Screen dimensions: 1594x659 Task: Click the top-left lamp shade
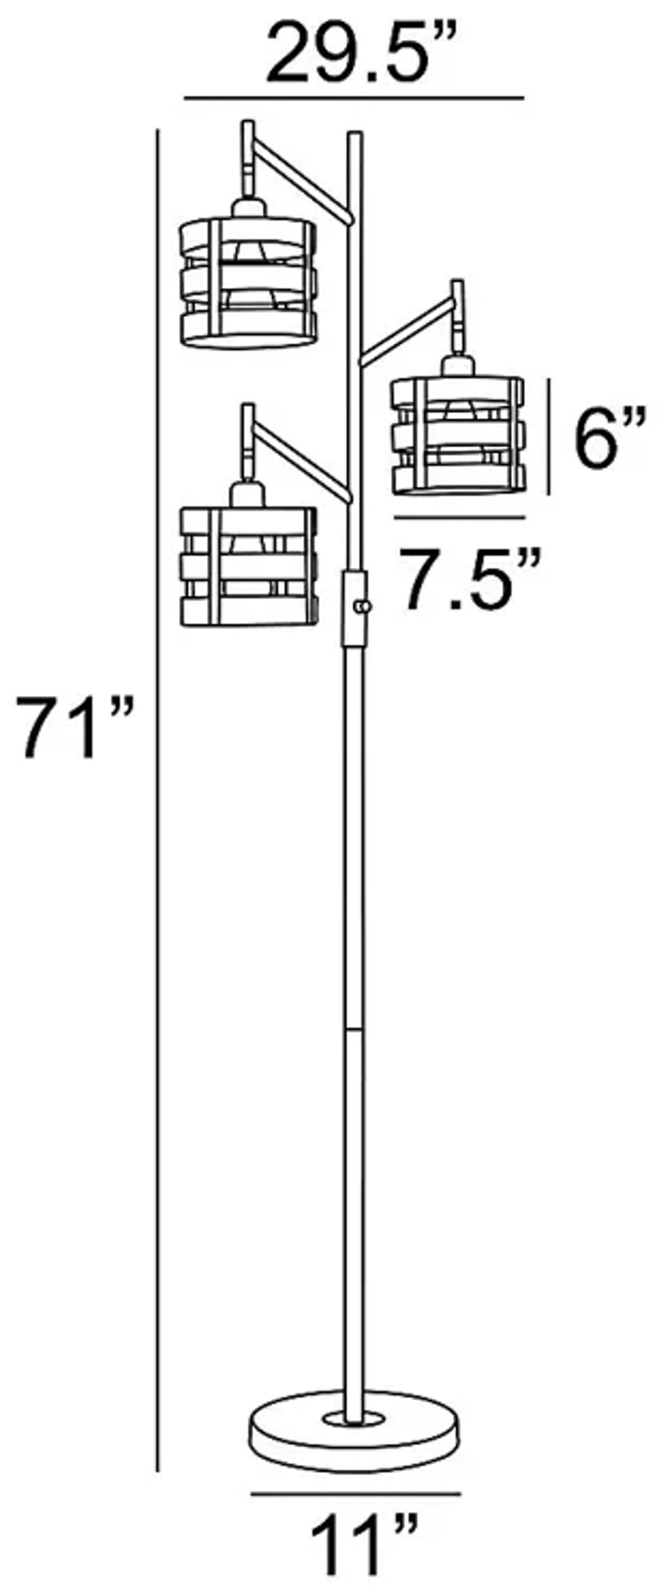248,282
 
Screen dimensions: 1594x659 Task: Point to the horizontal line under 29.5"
354,98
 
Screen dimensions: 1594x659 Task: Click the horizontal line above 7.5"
460,517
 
